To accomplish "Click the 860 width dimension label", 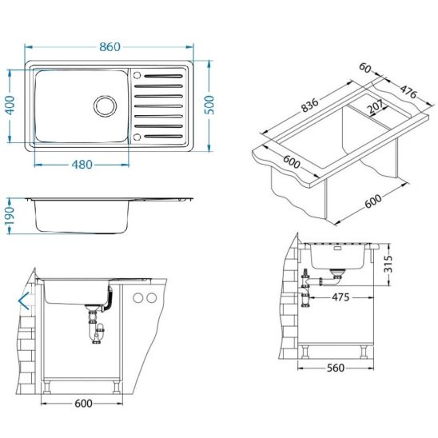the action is pos(109,47).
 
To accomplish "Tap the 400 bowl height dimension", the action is pos(10,105).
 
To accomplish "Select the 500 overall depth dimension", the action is pos(209,105).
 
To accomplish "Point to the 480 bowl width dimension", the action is pos(82,165).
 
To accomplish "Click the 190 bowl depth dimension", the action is pos(10,216).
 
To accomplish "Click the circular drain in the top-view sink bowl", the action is pos(105,106).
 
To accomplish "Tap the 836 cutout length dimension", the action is pos(310,105).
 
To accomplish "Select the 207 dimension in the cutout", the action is pos(375,106).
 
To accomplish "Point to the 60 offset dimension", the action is pos(364,68).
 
